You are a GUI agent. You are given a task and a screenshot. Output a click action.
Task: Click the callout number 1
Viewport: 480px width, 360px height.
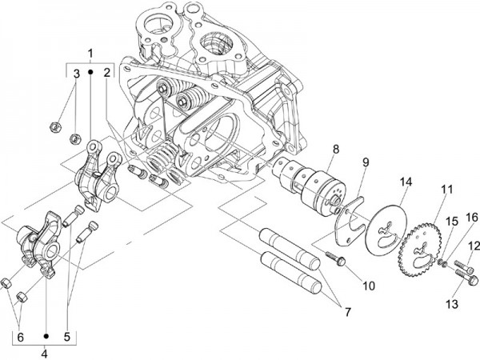pyautogui.click(x=90, y=54)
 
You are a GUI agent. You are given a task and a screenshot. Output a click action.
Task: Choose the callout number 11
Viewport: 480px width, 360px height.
pyautogui.click(x=446, y=189)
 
